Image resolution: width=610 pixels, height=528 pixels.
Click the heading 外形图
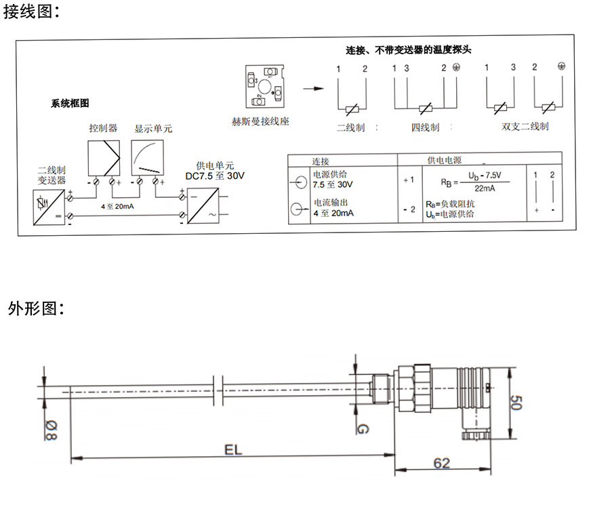point(36,309)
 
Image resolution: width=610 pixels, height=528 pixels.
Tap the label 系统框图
point(70,104)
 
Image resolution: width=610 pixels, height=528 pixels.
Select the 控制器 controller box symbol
point(103,158)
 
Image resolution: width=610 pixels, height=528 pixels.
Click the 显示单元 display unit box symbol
point(148,158)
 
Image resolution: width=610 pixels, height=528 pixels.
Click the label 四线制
point(425,127)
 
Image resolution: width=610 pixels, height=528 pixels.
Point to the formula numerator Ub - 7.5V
point(488,176)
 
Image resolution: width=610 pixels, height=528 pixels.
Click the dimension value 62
point(442,463)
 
